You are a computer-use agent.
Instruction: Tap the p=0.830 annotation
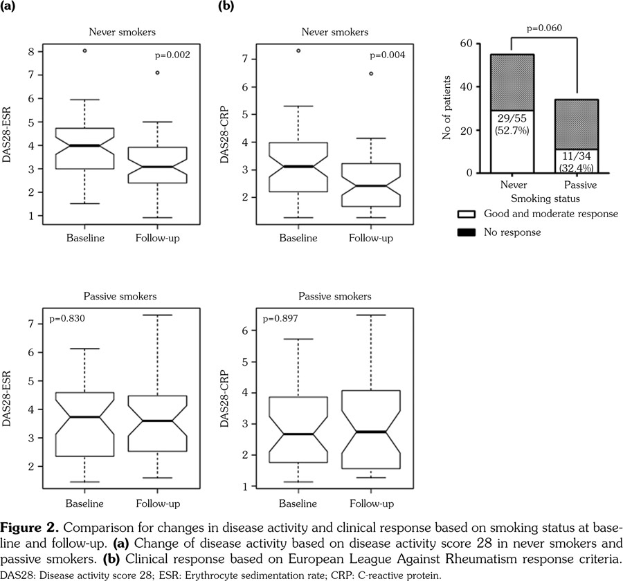[x=66, y=321]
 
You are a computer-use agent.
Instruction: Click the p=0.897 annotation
[x=277, y=321]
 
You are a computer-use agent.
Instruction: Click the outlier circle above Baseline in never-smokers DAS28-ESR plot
[x=85, y=50]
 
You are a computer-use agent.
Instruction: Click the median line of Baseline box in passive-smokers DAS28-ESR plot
[x=85, y=417]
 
